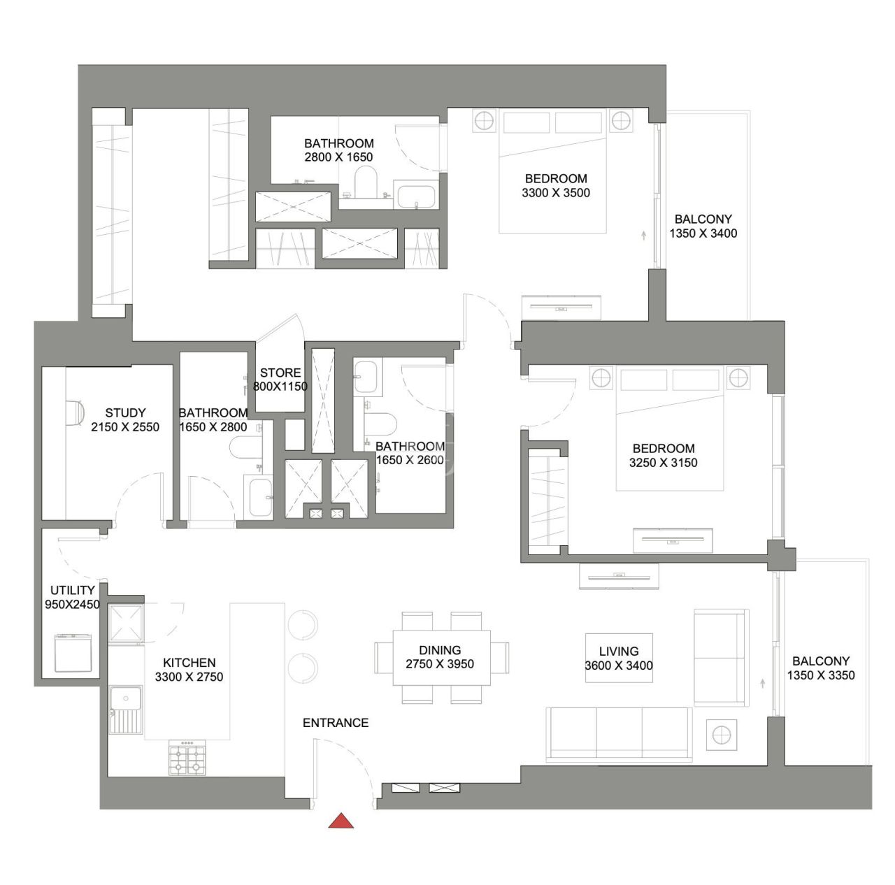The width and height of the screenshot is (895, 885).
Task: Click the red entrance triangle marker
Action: pos(341,821)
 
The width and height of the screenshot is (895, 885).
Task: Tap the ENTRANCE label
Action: pos(336,723)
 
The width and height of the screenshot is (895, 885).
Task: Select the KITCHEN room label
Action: pos(189,662)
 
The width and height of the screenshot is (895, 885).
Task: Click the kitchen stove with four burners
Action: pos(188,759)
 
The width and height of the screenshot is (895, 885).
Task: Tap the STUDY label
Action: pos(125,412)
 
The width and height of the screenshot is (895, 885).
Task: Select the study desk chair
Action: pos(75,412)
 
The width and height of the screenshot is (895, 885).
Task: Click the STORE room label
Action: pos(280,373)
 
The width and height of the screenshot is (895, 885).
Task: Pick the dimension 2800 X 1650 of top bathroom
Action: pos(338,157)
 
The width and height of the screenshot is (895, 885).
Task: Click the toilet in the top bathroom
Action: pos(365,183)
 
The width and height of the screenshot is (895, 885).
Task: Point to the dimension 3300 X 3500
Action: pos(556,193)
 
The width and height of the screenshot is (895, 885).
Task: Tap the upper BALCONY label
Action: pos(703,219)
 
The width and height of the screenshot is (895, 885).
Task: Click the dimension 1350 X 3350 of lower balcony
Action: pos(821,675)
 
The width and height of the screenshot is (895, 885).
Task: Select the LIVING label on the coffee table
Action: pos(619,651)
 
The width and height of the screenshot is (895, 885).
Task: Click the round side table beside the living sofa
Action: pos(721,735)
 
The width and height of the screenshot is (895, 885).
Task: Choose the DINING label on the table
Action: pos(440,649)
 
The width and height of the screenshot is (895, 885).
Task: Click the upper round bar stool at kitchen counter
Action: pos(303,624)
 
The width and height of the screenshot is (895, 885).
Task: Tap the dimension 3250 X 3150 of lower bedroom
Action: pos(664,463)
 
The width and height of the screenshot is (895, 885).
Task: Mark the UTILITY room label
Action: pos(72,590)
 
